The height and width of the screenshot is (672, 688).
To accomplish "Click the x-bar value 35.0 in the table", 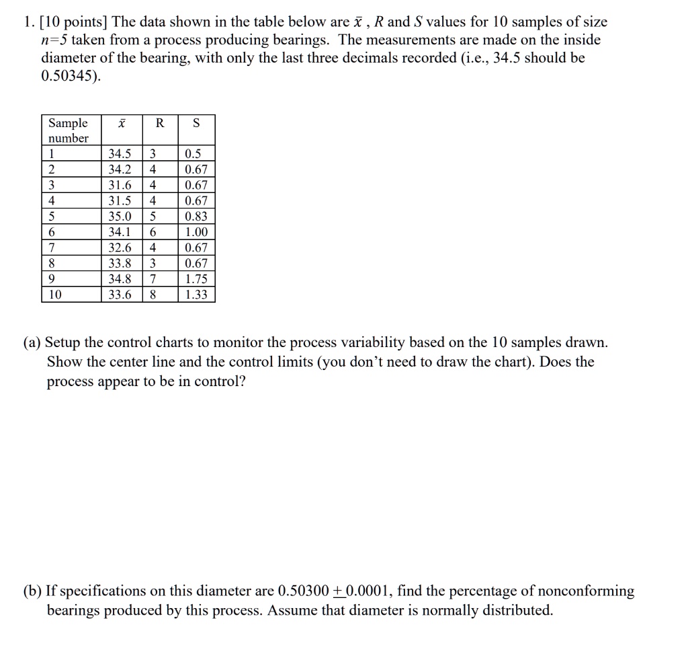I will pyautogui.click(x=120, y=217).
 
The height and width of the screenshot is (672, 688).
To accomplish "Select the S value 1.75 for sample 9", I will pyautogui.click(x=196, y=278).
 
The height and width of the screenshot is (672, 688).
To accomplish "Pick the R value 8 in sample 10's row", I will pyautogui.click(x=153, y=294).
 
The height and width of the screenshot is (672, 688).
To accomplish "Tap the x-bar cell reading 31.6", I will pyautogui.click(x=120, y=186).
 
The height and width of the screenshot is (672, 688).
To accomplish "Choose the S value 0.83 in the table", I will pyautogui.click(x=196, y=217).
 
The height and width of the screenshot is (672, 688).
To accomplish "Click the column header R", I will pyautogui.click(x=159, y=123).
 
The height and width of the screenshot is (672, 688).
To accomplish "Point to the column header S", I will pyautogui.click(x=196, y=123).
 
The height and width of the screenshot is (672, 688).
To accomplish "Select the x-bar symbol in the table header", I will pyautogui.click(x=121, y=124).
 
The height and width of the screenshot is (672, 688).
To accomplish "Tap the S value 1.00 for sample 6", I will pyautogui.click(x=196, y=232).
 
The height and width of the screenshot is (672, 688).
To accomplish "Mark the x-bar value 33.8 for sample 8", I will pyautogui.click(x=120, y=263).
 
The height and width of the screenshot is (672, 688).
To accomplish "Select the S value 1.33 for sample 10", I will pyautogui.click(x=196, y=294).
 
